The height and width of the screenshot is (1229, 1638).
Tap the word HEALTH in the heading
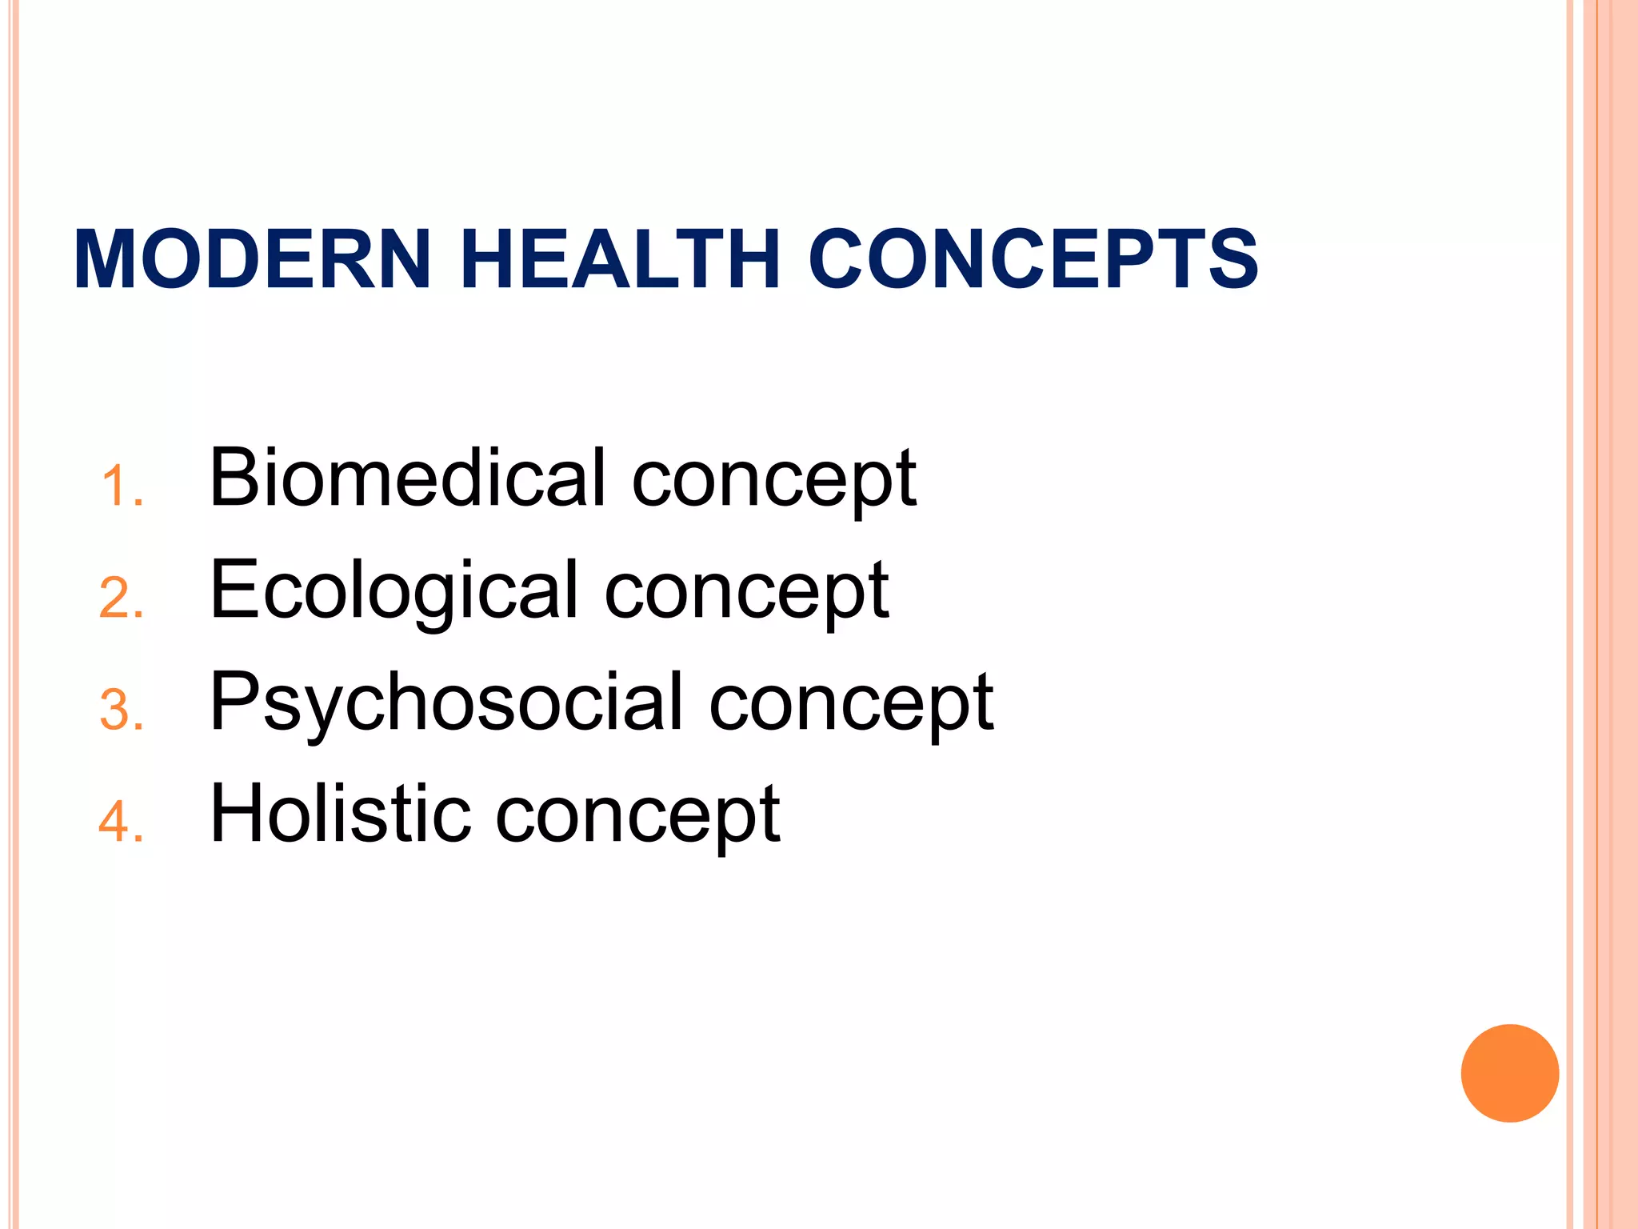[620, 259]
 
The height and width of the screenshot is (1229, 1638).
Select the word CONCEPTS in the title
[1033, 259]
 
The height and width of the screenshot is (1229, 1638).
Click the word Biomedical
[407, 478]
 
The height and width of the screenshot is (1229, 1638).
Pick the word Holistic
[340, 814]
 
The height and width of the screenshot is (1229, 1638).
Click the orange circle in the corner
[1509, 1073]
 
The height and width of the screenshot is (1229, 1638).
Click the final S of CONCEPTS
[1233, 259]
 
